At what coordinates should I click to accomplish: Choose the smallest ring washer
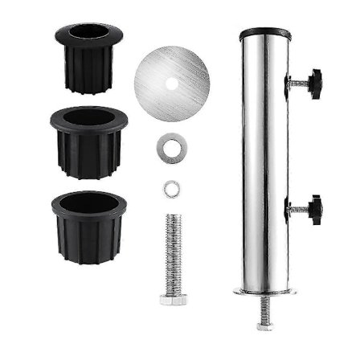(x=170, y=189)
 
